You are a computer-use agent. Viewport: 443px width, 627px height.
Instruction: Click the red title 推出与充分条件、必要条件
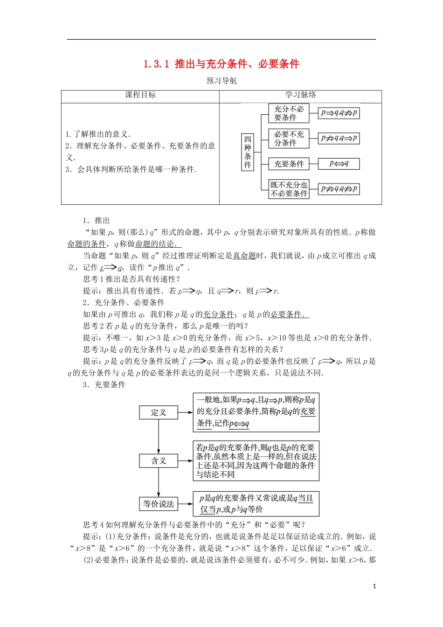pyautogui.click(x=221, y=64)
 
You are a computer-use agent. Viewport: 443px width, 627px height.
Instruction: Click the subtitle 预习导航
pyautogui.click(x=221, y=81)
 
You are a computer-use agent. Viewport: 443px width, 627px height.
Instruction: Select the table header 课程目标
pyautogui.click(x=140, y=95)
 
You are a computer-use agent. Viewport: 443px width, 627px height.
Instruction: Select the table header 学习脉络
pyautogui.click(x=300, y=95)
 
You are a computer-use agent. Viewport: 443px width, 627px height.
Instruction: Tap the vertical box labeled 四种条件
pyautogui.click(x=248, y=152)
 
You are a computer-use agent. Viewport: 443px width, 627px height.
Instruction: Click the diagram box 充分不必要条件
pyautogui.click(x=289, y=113)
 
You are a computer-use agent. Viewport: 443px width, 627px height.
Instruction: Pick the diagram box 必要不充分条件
pyautogui.click(x=289, y=139)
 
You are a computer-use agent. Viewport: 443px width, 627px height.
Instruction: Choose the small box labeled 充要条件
pyautogui.click(x=289, y=164)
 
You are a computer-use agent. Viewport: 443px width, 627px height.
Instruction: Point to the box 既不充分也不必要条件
pyautogui.click(x=289, y=189)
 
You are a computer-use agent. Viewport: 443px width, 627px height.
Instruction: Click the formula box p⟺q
pyautogui.click(x=339, y=164)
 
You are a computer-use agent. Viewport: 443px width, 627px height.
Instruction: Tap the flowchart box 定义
pyautogui.click(x=159, y=412)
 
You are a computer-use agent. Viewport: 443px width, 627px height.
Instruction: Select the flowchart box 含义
pyautogui.click(x=159, y=461)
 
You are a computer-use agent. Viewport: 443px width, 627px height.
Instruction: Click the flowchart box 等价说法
pyautogui.click(x=159, y=504)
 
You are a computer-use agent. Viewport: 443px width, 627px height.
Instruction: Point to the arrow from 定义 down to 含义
pyautogui.click(x=159, y=437)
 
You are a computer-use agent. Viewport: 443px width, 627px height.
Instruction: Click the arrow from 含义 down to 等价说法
pyautogui.click(x=159, y=482)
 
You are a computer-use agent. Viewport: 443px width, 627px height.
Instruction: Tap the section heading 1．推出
pyautogui.click(x=96, y=221)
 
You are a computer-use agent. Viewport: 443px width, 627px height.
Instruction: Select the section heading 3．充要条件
pyautogui.click(x=104, y=384)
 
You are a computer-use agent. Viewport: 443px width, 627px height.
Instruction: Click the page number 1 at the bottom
pyautogui.click(x=374, y=586)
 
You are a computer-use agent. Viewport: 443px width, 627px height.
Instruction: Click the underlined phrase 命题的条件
pyautogui.click(x=87, y=244)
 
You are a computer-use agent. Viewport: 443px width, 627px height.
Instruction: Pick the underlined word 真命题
pyautogui.click(x=244, y=256)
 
